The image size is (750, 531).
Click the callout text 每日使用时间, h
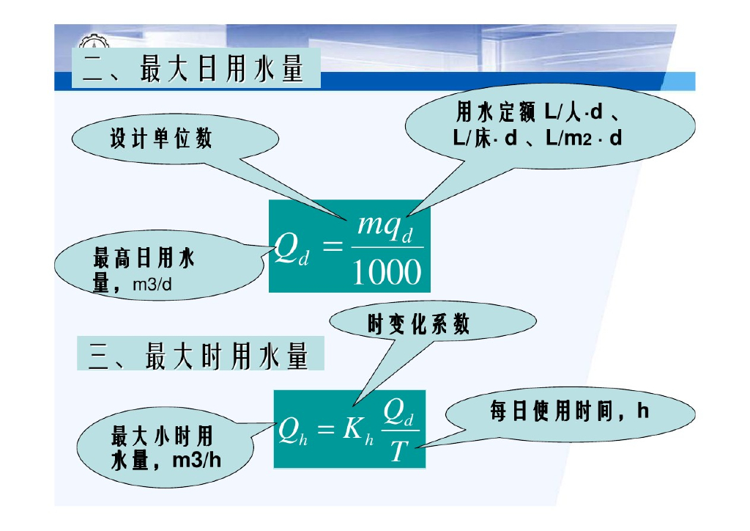click(x=569, y=411)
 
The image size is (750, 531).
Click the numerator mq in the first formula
click(x=379, y=223)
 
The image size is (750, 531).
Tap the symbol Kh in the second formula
click(x=359, y=431)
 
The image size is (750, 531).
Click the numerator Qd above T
click(x=400, y=415)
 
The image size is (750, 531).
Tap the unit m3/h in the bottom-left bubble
click(x=196, y=461)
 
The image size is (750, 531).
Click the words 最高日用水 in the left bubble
click(x=144, y=258)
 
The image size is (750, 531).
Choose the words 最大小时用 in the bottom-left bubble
click(x=162, y=436)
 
